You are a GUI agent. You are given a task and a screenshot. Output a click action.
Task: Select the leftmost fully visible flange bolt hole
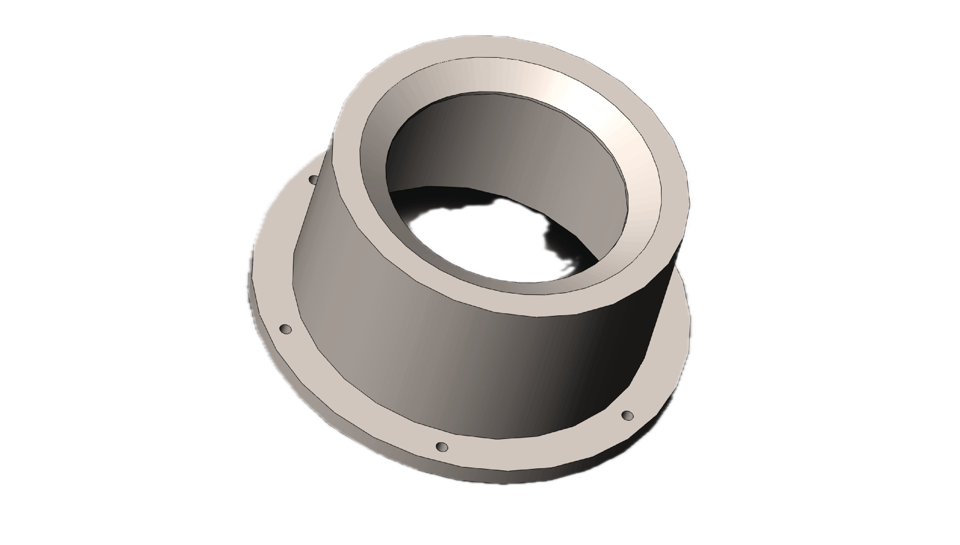(x=286, y=329)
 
